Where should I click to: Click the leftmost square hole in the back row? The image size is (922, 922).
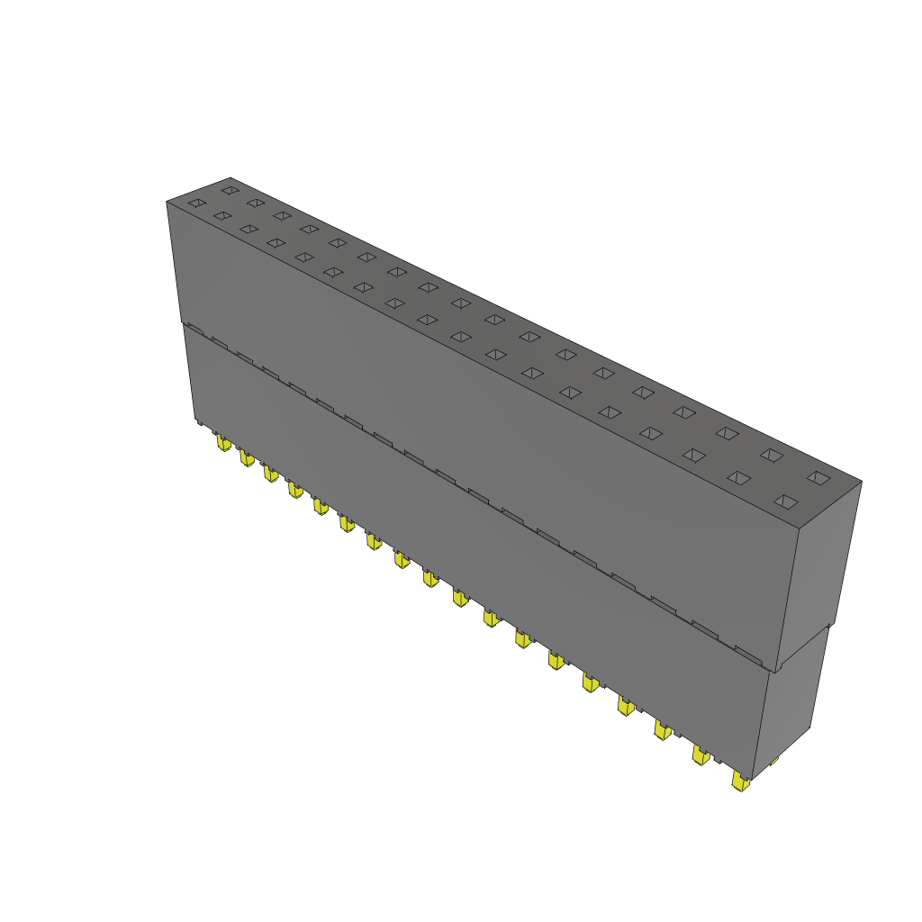[230, 190]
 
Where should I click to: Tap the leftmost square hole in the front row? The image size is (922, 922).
[196, 203]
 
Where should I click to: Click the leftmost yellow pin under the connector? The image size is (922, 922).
[222, 442]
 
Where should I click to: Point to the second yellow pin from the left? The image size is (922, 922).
[246, 459]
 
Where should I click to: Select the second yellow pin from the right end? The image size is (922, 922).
[700, 754]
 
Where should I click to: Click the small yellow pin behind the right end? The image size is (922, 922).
[773, 762]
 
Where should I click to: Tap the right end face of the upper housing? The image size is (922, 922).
[819, 576]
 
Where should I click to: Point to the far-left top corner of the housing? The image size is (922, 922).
[167, 202]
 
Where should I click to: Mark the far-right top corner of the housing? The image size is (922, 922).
[861, 482]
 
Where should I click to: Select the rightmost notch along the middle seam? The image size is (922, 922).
[749, 651]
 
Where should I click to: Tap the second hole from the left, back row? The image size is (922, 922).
[256, 203]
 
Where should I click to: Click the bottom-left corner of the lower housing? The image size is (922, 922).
[195, 421]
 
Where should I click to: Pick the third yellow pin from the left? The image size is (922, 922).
[270, 474]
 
